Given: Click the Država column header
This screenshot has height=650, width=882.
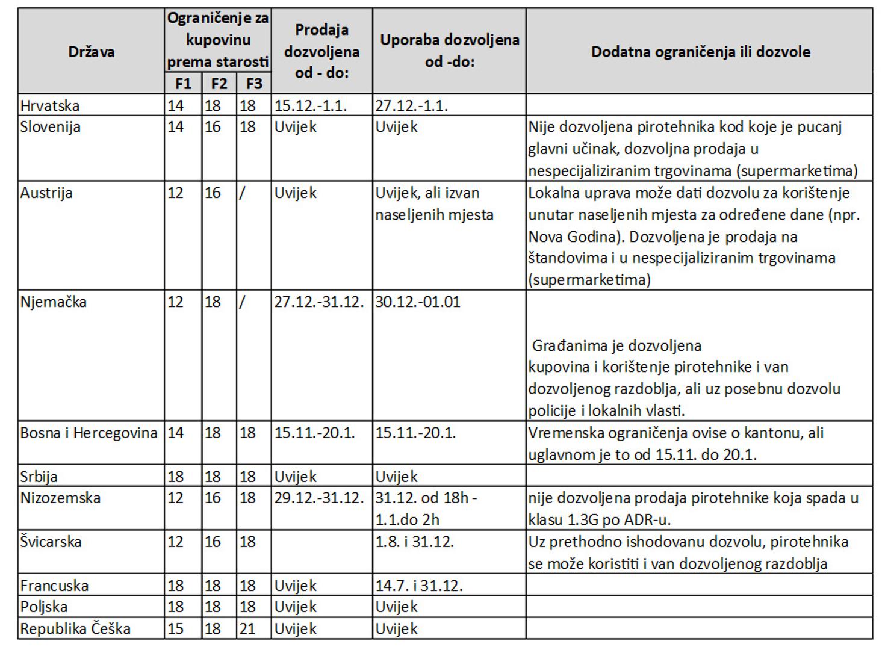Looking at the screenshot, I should (x=91, y=51).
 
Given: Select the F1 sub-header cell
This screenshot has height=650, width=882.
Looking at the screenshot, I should (x=182, y=83).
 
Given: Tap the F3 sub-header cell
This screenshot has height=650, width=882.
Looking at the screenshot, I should (x=253, y=83).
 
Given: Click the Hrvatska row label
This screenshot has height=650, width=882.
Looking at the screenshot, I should (x=50, y=105).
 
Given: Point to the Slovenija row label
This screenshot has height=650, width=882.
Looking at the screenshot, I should (x=51, y=127).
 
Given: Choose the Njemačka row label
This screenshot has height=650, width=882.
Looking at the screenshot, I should (x=54, y=302).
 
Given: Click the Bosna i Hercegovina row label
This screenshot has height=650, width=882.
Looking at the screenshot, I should (x=89, y=433).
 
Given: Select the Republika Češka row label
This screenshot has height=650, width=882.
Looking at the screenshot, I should (x=75, y=629).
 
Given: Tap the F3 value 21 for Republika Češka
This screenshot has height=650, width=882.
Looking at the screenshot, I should (x=247, y=629).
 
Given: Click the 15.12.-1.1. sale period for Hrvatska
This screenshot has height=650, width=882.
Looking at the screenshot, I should (x=311, y=105).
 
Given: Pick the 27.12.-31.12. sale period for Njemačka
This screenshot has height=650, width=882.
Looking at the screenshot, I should (x=319, y=302).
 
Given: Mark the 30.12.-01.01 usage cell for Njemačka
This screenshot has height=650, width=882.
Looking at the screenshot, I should (x=418, y=302).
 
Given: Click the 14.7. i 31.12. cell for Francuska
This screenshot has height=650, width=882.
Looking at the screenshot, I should (x=419, y=586).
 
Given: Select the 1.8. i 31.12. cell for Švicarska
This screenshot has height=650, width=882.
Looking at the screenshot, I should (x=414, y=542).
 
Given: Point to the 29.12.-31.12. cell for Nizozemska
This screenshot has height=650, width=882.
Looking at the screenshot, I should (x=319, y=498).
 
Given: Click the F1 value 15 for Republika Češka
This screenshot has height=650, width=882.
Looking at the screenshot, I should (x=175, y=629).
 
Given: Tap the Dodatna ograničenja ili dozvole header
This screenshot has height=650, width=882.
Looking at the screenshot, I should (x=700, y=51).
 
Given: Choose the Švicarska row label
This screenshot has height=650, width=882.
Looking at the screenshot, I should (x=51, y=542).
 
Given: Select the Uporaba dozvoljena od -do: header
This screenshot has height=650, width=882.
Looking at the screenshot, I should (x=449, y=51).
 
